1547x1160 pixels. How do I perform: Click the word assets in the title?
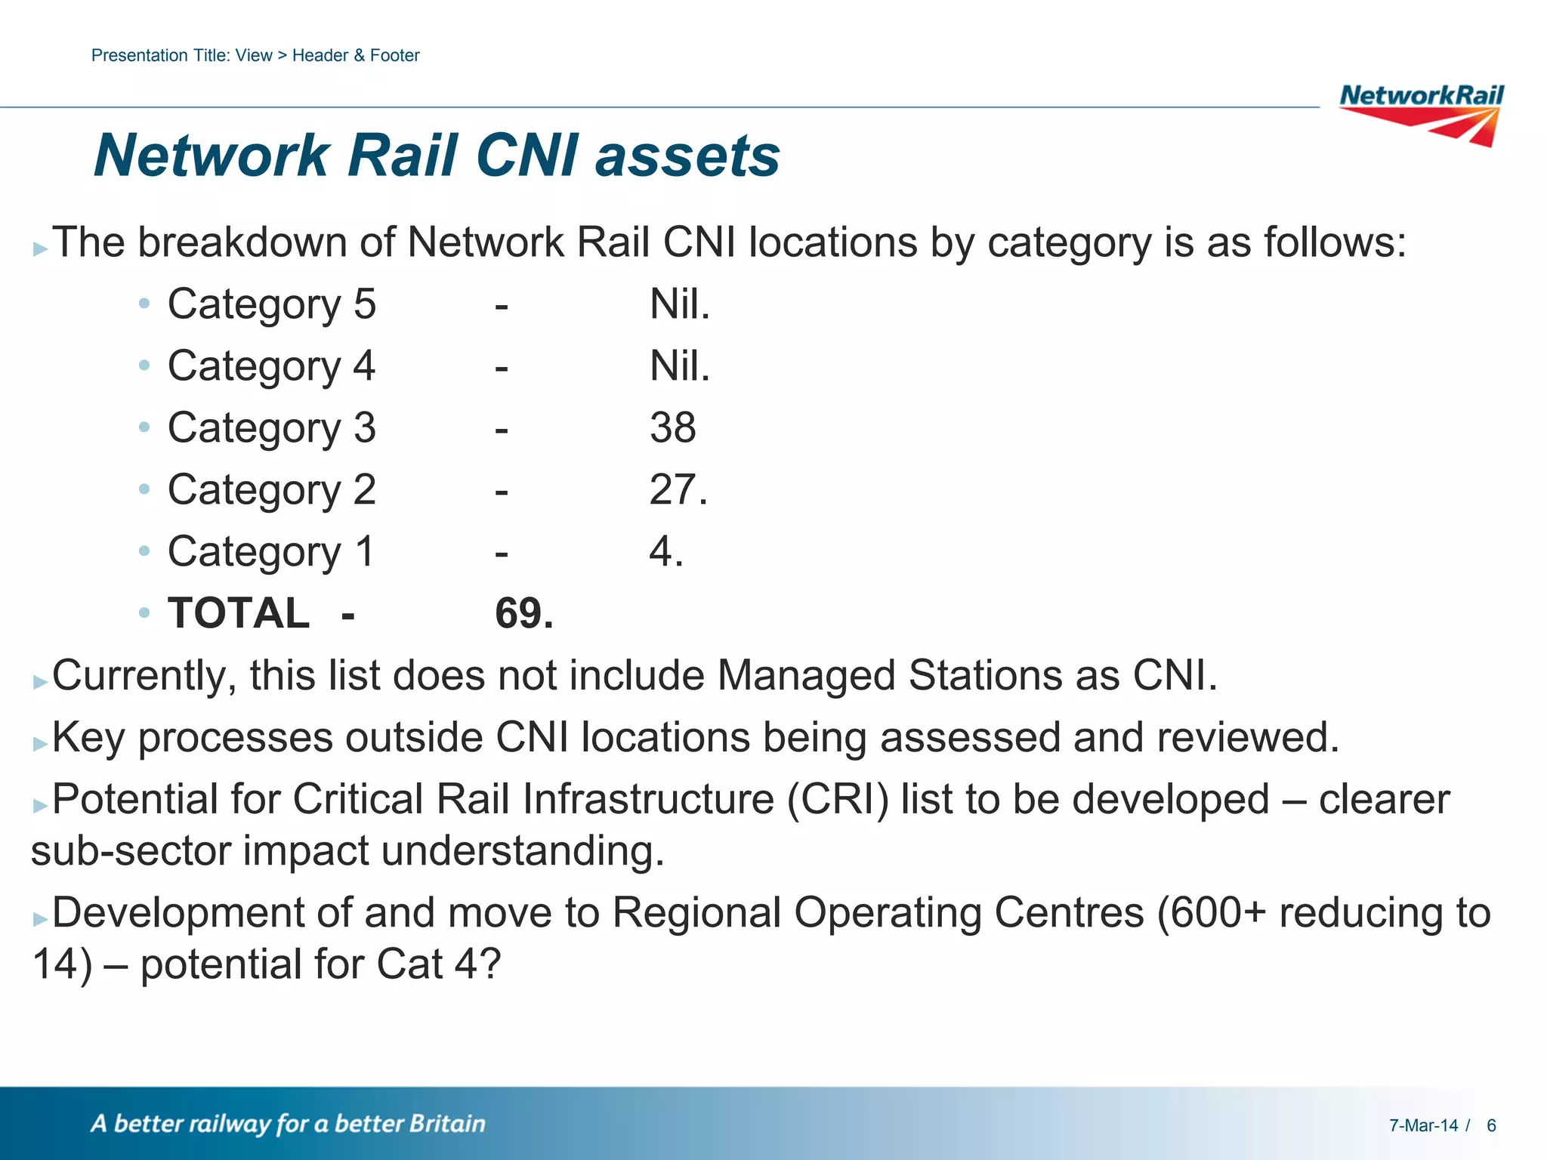(x=687, y=156)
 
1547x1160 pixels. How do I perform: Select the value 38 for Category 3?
(x=672, y=428)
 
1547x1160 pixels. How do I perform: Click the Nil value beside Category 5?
(x=679, y=304)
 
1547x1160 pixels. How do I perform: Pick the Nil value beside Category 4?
(x=679, y=366)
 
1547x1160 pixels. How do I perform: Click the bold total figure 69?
(x=523, y=613)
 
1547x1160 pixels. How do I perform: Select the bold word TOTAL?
(x=238, y=613)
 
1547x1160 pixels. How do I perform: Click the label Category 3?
(x=271, y=428)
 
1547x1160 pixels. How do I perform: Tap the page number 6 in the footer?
(x=1491, y=1125)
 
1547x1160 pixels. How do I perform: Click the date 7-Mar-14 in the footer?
(x=1423, y=1125)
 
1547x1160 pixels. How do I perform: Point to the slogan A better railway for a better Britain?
(x=288, y=1124)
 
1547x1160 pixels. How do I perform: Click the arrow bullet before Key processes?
(x=40, y=744)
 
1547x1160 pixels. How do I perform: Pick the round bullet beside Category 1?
(x=144, y=551)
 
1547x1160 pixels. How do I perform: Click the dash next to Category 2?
(x=501, y=492)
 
